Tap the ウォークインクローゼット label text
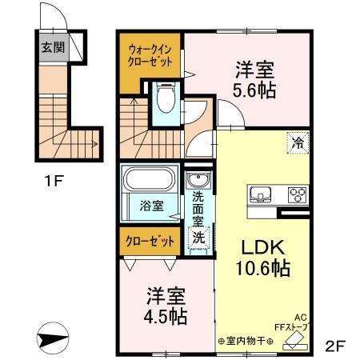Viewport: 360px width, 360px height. (x=150, y=55)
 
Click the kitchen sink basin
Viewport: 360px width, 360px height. (x=262, y=194)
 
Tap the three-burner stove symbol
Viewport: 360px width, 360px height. (x=297, y=194)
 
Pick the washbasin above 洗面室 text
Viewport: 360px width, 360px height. (x=197, y=180)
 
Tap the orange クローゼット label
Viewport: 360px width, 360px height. (x=150, y=240)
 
